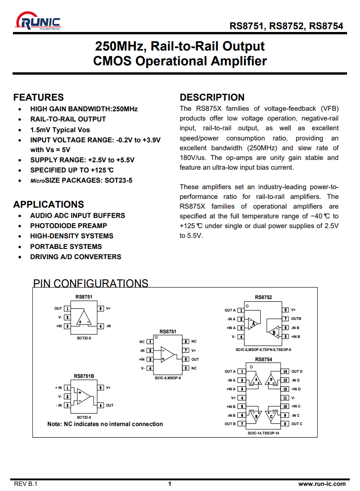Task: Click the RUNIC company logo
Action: pyautogui.click(x=38, y=21)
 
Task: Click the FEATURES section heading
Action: pyautogui.click(x=39, y=97)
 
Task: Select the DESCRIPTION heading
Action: pyautogui.click(x=212, y=97)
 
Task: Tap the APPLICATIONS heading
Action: pyautogui.click(x=49, y=204)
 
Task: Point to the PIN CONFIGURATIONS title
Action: pyautogui.click(x=91, y=283)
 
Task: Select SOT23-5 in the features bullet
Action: pyautogui.click(x=118, y=180)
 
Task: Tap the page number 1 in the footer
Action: pyautogui.click(x=170, y=484)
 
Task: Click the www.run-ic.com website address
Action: pyautogui.click(x=322, y=484)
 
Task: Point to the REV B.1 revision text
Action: pyautogui.click(x=26, y=484)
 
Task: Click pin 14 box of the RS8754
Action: pyautogui.click(x=286, y=371)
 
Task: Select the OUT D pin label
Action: pyautogui.click(x=297, y=371)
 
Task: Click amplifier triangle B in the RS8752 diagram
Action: pyautogui.click(x=275, y=332)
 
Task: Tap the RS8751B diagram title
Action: pyautogui.click(x=84, y=376)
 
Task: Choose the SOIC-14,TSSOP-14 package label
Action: pyautogui.click(x=263, y=433)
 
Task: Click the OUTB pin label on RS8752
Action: pyautogui.click(x=296, y=319)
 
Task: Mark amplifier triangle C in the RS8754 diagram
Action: pyautogui.click(x=271, y=415)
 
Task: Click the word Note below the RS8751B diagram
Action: pyautogui.click(x=54, y=424)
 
